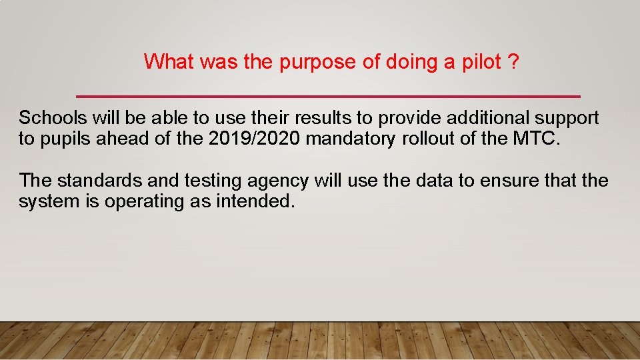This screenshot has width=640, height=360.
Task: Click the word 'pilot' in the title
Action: click(x=479, y=62)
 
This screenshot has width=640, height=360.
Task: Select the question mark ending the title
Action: click(x=513, y=62)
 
